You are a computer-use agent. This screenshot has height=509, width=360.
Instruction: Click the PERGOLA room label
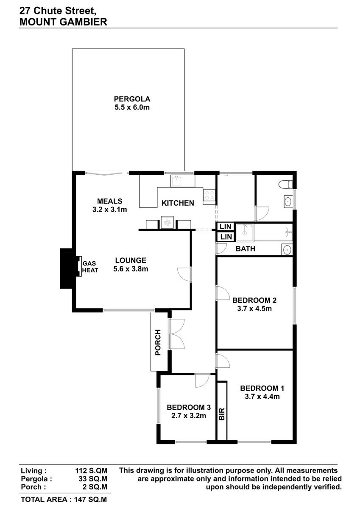pyautogui.click(x=132, y=99)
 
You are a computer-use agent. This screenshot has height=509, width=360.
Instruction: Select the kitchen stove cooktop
pyautogui.click(x=209, y=196)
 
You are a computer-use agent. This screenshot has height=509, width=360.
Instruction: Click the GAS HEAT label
pyautogui.click(x=90, y=267)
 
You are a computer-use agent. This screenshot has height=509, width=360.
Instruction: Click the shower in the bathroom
pyautogui.click(x=245, y=232)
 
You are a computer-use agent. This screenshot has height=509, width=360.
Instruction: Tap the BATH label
pyautogui.click(x=245, y=249)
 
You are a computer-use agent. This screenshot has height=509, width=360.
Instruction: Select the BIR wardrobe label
pyautogui.click(x=222, y=414)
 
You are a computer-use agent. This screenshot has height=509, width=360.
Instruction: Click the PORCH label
pyautogui.click(x=158, y=342)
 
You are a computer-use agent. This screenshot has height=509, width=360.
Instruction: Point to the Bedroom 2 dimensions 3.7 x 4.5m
pyautogui.click(x=254, y=309)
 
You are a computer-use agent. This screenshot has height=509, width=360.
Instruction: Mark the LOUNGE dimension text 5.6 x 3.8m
pyautogui.click(x=131, y=269)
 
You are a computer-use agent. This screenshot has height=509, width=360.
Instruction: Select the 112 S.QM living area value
pyautogui.click(x=91, y=471)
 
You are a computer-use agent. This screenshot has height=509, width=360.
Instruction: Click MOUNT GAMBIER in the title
pyautogui.click(x=63, y=22)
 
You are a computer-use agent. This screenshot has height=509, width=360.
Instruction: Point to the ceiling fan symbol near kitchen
pyautogui.click(x=167, y=222)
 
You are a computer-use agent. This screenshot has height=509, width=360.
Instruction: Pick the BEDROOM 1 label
pyautogui.click(x=262, y=388)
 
